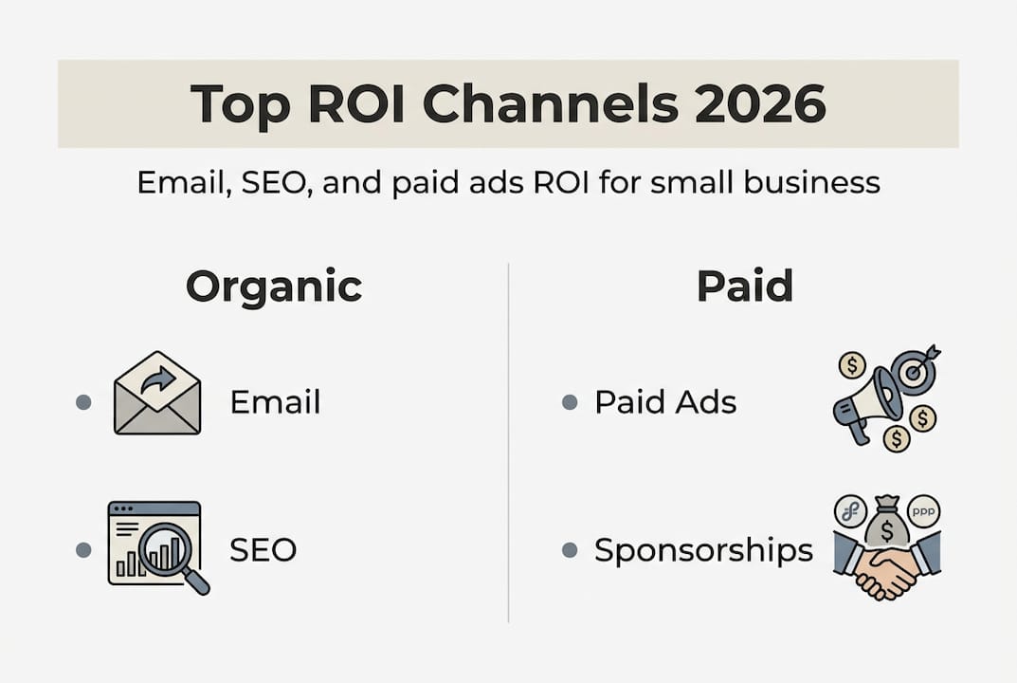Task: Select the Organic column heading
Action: pos(274,286)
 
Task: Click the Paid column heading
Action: pos(744,286)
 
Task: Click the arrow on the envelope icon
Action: pos(158,380)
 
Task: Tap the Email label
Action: pos(275,402)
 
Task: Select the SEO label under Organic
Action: pos(263,549)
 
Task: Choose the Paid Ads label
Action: pos(665,402)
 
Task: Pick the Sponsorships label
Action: pos(703,550)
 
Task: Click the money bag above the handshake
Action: pos(886,523)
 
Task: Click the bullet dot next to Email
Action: pos(83,402)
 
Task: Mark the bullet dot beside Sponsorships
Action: pos(570,550)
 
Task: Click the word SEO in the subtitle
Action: pos(274,182)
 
